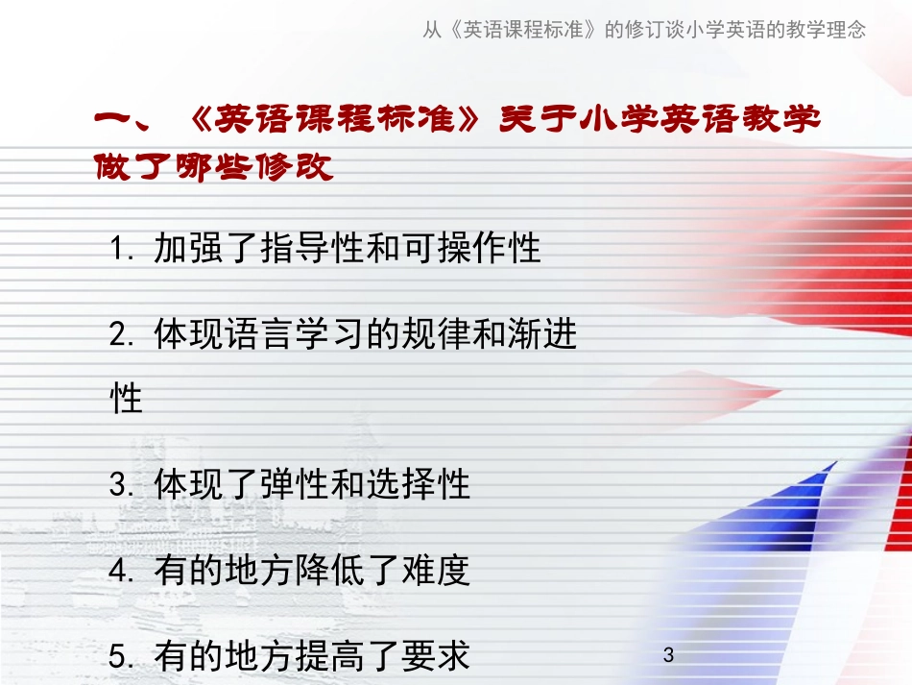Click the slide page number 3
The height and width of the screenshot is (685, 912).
pos(669,655)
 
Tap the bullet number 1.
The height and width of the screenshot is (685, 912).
pos(119,251)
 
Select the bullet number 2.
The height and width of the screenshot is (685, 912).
pos(119,336)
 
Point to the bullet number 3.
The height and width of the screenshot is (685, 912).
pos(119,486)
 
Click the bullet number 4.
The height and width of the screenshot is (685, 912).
pos(119,573)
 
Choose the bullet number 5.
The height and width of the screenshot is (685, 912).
pos(119,658)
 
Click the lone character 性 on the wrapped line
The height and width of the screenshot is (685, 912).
pos(127,398)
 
